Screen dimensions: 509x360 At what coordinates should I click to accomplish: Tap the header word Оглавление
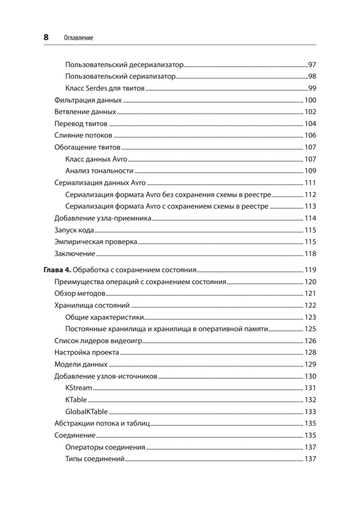78,38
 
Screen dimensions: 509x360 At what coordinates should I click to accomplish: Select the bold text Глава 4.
58,269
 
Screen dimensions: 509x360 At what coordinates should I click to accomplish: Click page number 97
313,65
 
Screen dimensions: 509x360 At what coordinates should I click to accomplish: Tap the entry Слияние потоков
84,136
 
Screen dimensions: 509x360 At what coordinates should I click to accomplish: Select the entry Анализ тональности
100,171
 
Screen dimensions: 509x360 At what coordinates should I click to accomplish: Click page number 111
311,183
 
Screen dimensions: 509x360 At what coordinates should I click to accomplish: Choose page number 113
311,207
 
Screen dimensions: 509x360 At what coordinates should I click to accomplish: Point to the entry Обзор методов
80,294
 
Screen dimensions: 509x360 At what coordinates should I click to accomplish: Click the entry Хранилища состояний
92,305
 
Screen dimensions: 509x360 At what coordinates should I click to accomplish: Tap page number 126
311,341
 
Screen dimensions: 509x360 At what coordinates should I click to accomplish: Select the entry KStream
79,388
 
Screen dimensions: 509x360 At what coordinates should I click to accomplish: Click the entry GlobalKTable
87,411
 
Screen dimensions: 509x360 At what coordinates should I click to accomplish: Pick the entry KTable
76,400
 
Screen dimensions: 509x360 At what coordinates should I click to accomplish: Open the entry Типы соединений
95,459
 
